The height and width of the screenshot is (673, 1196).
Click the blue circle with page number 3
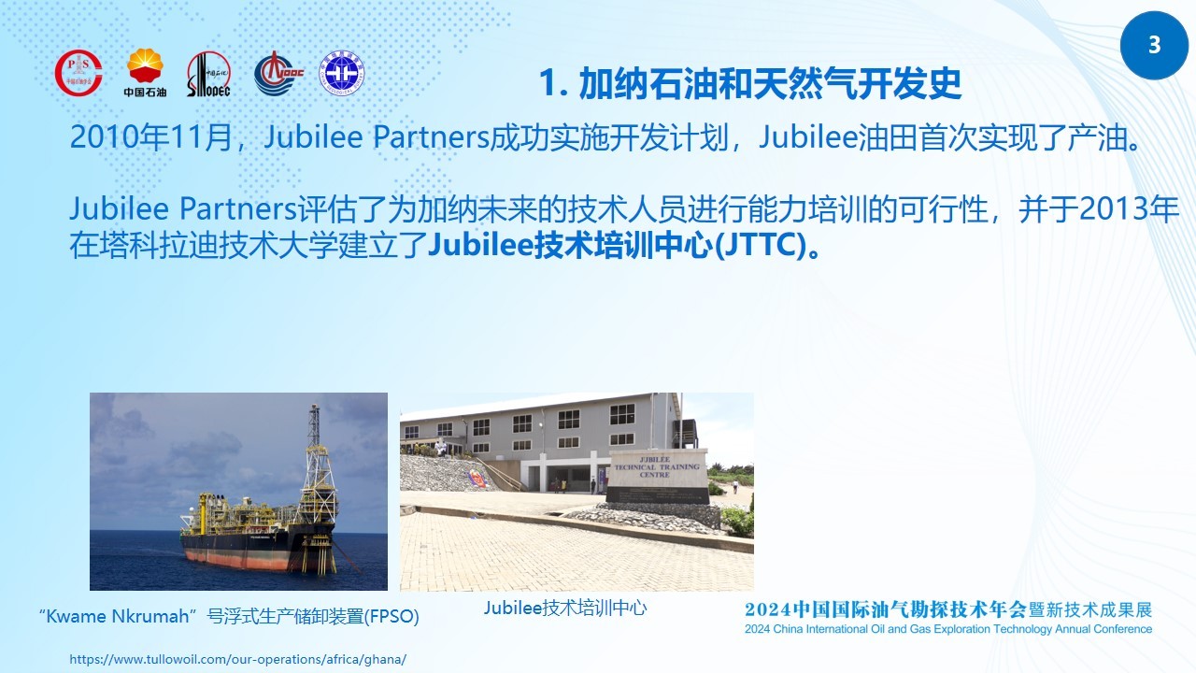click(x=1154, y=46)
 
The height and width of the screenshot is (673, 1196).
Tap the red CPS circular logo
click(x=78, y=73)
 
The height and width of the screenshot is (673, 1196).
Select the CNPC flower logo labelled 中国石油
click(x=145, y=73)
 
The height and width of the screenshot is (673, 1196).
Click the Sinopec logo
click(x=208, y=74)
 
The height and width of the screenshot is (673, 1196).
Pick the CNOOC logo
click(x=278, y=73)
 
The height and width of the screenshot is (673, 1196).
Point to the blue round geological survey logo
click(x=342, y=73)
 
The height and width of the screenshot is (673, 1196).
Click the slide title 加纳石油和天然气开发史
click(x=750, y=84)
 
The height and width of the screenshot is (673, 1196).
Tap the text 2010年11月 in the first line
click(x=150, y=136)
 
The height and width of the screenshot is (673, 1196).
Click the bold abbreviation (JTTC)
click(x=761, y=245)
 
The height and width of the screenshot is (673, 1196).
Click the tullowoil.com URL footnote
click(x=237, y=659)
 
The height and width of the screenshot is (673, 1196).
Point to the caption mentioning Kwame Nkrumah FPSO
click(x=229, y=616)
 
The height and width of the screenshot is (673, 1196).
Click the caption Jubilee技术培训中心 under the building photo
click(x=565, y=608)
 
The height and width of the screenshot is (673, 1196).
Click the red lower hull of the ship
click(x=240, y=559)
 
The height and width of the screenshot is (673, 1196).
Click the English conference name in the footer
click(x=948, y=629)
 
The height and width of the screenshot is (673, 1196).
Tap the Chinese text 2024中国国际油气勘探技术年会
click(x=886, y=609)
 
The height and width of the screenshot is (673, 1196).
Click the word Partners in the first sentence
click(x=432, y=136)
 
